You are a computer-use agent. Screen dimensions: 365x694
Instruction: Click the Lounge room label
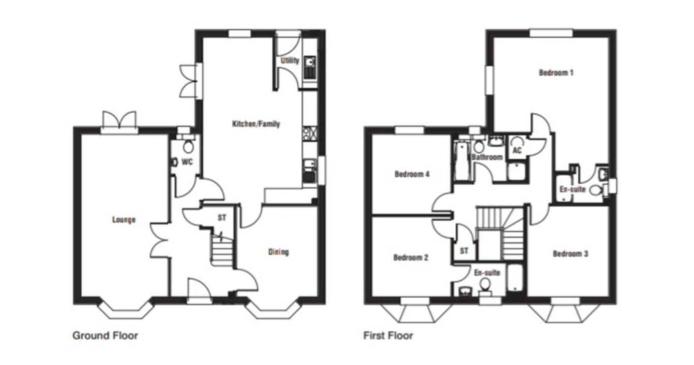pyautogui.click(x=124, y=220)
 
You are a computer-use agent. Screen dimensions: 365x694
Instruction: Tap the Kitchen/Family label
pyautogui.click(x=256, y=124)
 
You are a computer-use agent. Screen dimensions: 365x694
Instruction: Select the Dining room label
pyautogui.click(x=278, y=252)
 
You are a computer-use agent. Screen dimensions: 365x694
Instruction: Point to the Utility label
pyautogui.click(x=290, y=61)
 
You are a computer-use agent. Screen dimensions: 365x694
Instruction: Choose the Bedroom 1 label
pyautogui.click(x=556, y=73)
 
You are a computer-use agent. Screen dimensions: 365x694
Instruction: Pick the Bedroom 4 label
pyautogui.click(x=412, y=174)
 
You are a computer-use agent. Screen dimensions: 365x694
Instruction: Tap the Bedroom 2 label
pyautogui.click(x=411, y=257)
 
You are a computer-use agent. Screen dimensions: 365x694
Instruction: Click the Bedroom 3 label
pyautogui.click(x=570, y=253)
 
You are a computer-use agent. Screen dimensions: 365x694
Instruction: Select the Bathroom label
pyautogui.click(x=487, y=157)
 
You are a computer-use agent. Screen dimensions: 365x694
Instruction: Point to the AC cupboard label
pyautogui.click(x=517, y=151)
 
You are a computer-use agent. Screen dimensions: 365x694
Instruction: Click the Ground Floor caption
pyautogui.click(x=105, y=336)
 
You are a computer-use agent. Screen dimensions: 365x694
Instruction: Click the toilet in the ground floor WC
pyautogui.click(x=188, y=147)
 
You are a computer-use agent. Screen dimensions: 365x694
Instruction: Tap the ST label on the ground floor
pyautogui.click(x=222, y=218)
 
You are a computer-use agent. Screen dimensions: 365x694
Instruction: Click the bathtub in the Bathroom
pyautogui.click(x=461, y=161)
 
